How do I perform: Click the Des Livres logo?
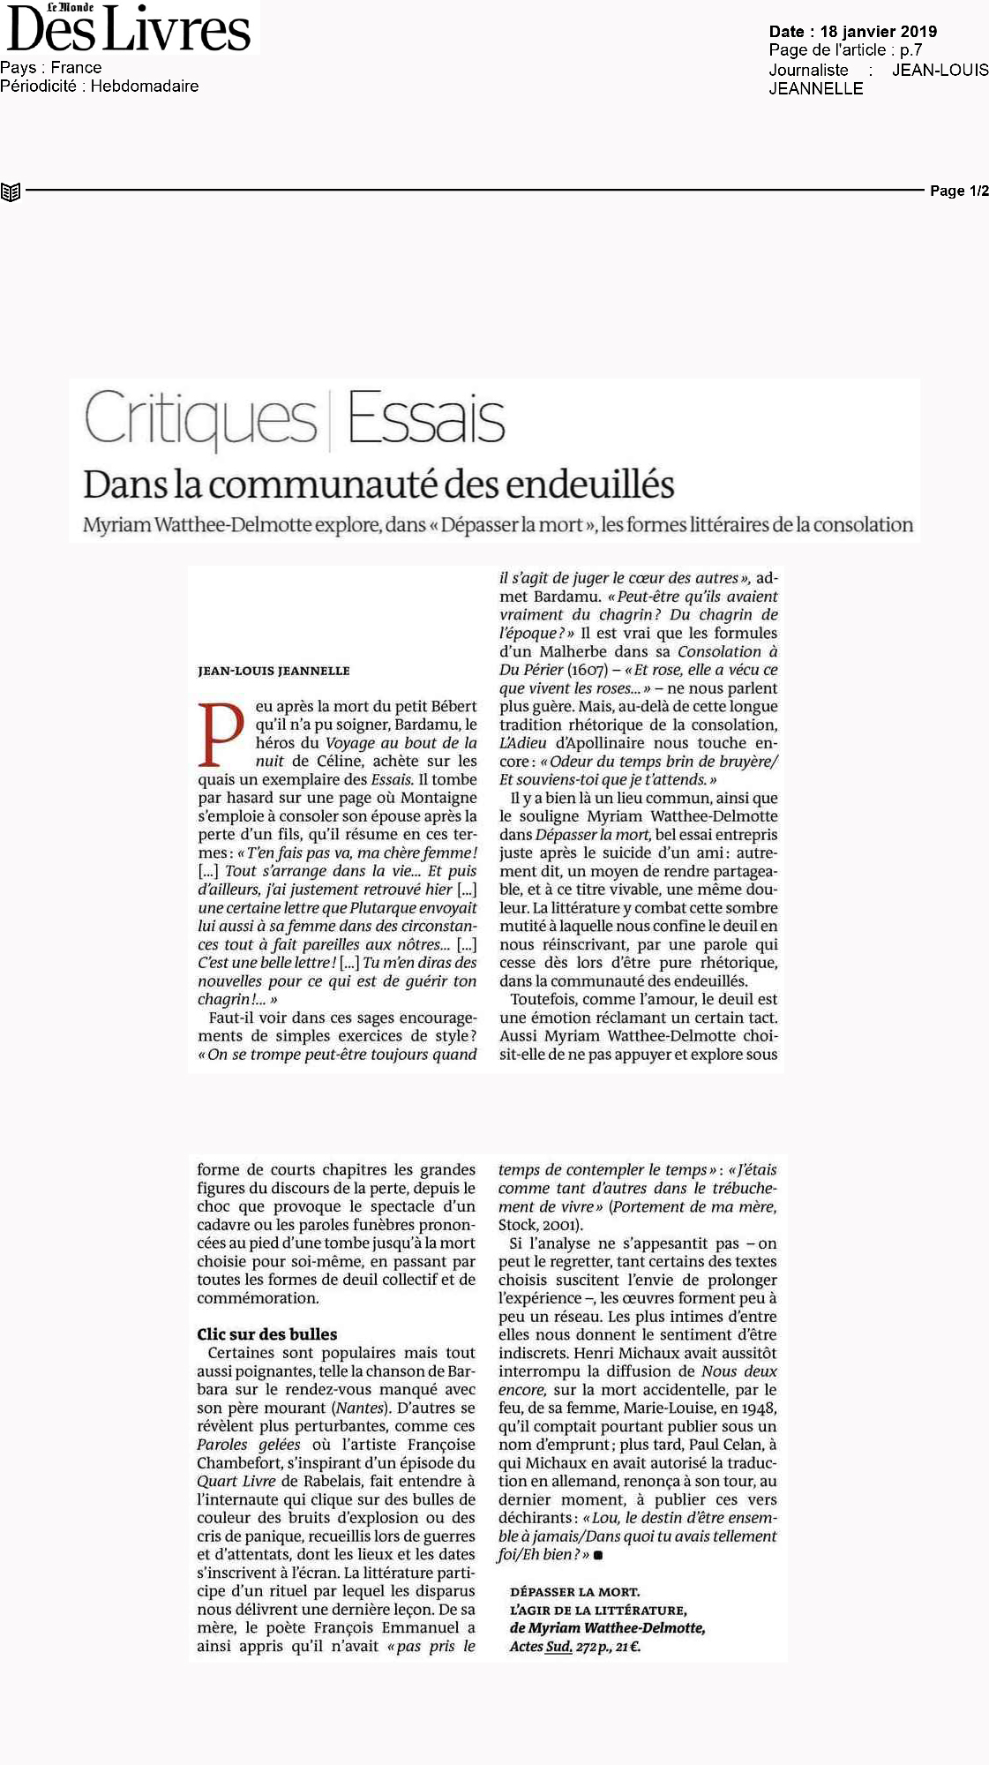point(129,28)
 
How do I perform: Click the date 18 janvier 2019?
point(878,32)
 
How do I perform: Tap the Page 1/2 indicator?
point(959,191)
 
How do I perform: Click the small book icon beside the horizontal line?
point(11,192)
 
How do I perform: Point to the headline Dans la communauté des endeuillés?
point(378,484)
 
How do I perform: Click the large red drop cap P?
point(221,734)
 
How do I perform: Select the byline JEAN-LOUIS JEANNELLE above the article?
point(273,671)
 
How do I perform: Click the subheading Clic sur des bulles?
point(266,1334)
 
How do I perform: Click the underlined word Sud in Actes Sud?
point(558,1647)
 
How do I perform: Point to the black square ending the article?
point(598,1555)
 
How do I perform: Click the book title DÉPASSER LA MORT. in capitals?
point(574,1591)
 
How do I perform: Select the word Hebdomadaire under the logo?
point(145,86)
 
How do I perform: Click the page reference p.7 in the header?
point(910,50)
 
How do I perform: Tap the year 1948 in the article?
point(759,1408)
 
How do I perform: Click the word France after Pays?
point(76,68)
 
